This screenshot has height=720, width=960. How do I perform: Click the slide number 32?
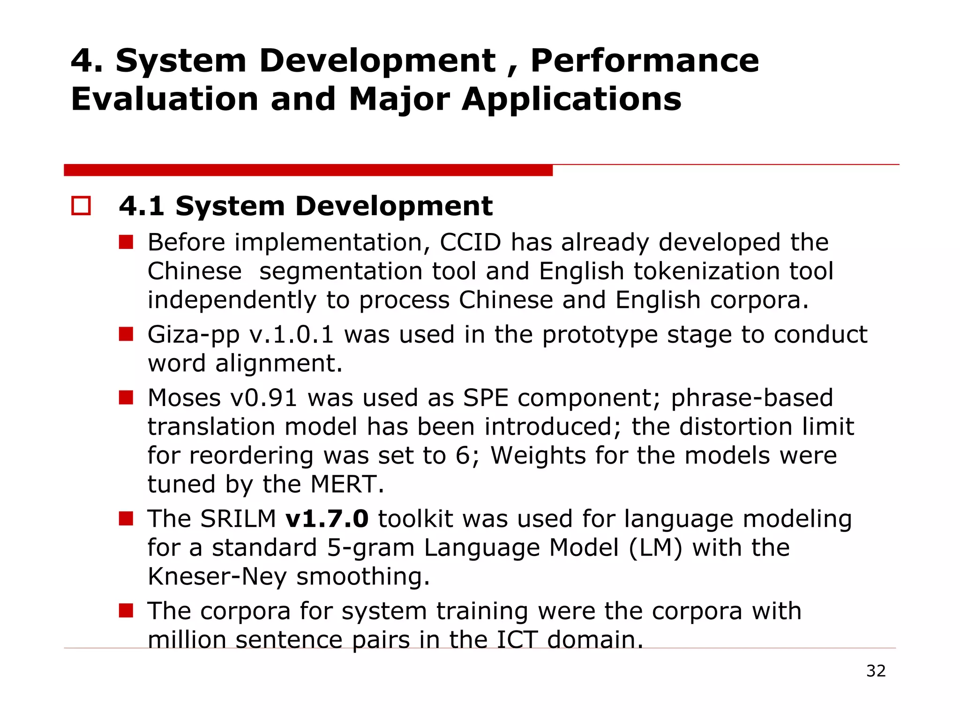click(x=876, y=671)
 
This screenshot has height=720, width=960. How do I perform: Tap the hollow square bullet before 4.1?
click(x=81, y=206)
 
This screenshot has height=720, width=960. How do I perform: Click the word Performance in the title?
click(x=645, y=61)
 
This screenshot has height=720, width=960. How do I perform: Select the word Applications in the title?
click(x=571, y=99)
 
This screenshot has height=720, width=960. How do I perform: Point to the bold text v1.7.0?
click(x=327, y=519)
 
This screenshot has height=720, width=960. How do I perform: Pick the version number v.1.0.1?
click(x=291, y=335)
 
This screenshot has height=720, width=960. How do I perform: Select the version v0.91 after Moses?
click(x=264, y=398)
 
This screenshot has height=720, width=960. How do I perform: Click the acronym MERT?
click(x=347, y=484)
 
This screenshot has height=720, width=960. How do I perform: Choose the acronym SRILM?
click(x=238, y=519)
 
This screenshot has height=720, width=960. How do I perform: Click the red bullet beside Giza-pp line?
click(x=126, y=334)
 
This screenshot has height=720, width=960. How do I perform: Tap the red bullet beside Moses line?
click(x=126, y=397)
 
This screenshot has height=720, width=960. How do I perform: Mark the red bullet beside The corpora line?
click(x=126, y=610)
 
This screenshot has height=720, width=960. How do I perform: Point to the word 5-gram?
click(x=370, y=548)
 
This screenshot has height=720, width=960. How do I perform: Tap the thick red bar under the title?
click(x=308, y=170)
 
